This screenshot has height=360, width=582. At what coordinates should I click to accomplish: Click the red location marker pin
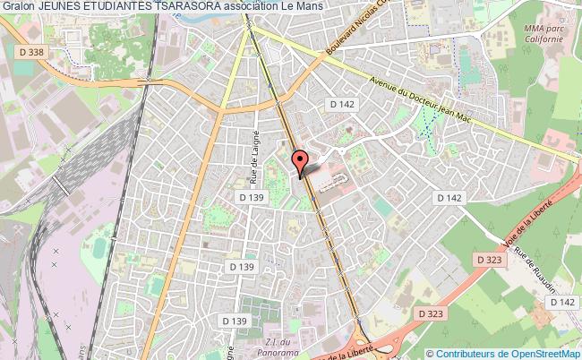click(x=302, y=161)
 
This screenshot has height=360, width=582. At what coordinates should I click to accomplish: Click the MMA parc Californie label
click(x=543, y=34)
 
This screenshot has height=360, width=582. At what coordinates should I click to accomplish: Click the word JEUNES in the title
click(x=64, y=6)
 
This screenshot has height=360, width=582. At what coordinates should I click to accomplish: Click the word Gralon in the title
click(x=18, y=6)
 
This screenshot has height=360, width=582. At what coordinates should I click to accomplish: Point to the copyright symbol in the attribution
click(x=431, y=353)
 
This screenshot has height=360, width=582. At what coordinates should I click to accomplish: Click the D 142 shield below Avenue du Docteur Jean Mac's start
click(x=342, y=105)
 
